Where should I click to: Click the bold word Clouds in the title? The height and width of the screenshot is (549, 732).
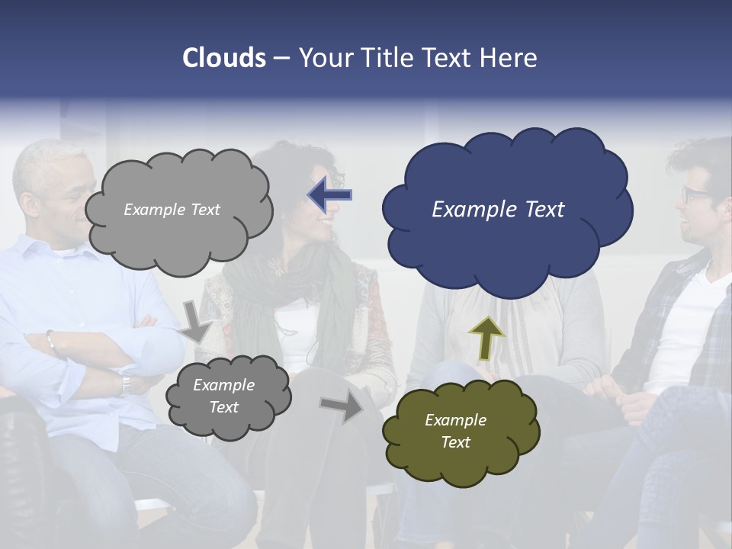pyautogui.click(x=224, y=58)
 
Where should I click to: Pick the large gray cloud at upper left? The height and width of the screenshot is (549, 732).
pyautogui.click(x=178, y=210)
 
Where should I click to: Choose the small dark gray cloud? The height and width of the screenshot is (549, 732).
pyautogui.click(x=228, y=396)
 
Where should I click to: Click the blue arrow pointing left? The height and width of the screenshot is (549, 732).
pyautogui.click(x=330, y=195)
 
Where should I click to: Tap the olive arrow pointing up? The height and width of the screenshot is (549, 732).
pyautogui.click(x=486, y=337)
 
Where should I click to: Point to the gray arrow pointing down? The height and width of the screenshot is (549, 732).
pyautogui.click(x=195, y=322)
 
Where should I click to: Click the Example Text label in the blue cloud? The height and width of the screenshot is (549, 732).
pyautogui.click(x=498, y=210)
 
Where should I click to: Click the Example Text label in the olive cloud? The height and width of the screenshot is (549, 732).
pyautogui.click(x=455, y=431)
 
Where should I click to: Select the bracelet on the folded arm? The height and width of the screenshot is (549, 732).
pyautogui.click(x=51, y=342)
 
